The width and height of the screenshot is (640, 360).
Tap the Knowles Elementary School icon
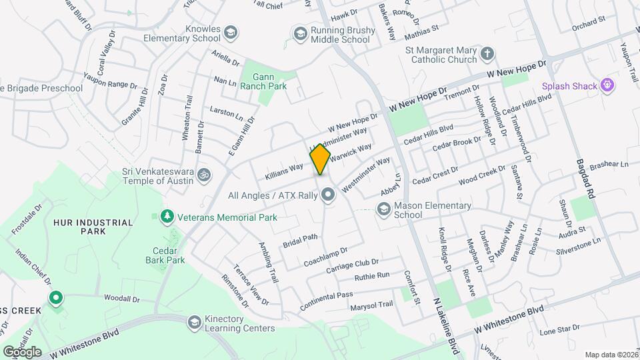click(230, 32)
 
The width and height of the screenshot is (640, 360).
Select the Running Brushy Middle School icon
click(300, 33)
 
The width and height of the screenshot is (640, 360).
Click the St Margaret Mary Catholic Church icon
click(487, 53)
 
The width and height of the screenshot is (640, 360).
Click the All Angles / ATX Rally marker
click(327, 195)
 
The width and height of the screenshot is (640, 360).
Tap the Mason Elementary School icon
click(383, 210)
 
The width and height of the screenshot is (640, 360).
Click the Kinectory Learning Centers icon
click(195, 322)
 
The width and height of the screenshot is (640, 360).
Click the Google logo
click(21, 351)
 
